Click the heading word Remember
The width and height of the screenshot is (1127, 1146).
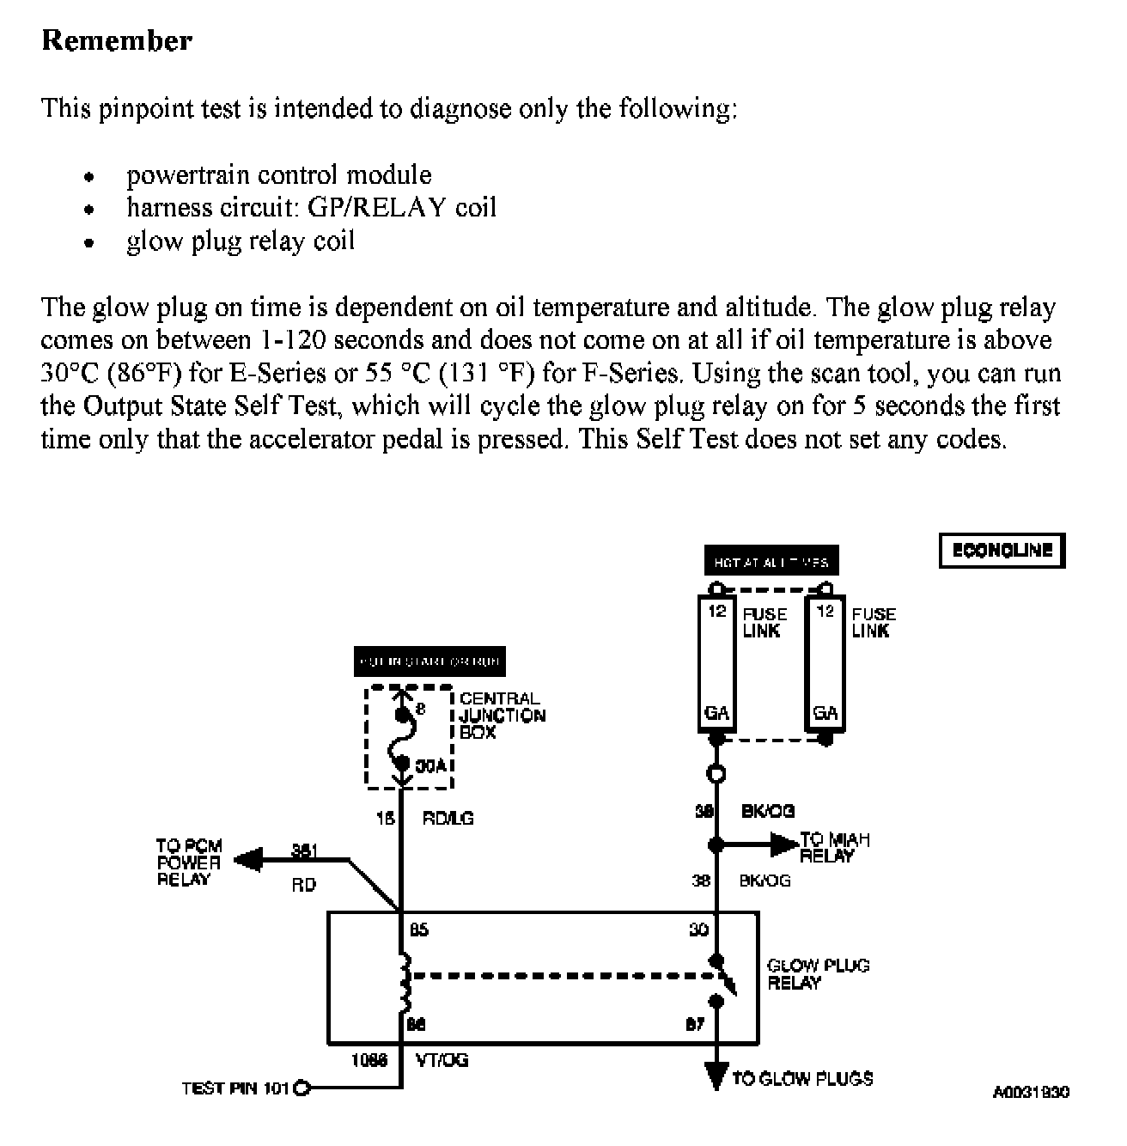tap(117, 40)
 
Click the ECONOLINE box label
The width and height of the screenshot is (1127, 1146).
tap(1002, 551)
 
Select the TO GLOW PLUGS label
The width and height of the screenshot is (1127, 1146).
tap(802, 1078)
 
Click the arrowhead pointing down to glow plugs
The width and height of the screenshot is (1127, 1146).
tap(716, 1075)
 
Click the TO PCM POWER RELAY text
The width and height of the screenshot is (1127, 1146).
tap(189, 863)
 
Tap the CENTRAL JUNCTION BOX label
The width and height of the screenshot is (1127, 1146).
tap(502, 715)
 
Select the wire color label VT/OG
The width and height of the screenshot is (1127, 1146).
tap(442, 1060)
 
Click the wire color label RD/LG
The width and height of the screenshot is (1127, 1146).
tap(447, 819)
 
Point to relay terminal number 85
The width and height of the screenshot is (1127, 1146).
tap(419, 930)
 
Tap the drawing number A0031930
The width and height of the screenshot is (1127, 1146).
tap(1031, 1093)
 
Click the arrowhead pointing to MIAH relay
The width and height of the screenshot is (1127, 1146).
tap(783, 844)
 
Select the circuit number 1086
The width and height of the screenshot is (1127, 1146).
tap(369, 1060)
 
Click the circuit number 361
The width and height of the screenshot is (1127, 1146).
tap(304, 851)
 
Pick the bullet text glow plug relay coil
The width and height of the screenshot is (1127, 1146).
tap(241, 241)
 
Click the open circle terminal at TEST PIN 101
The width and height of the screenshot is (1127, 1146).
tap(301, 1088)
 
